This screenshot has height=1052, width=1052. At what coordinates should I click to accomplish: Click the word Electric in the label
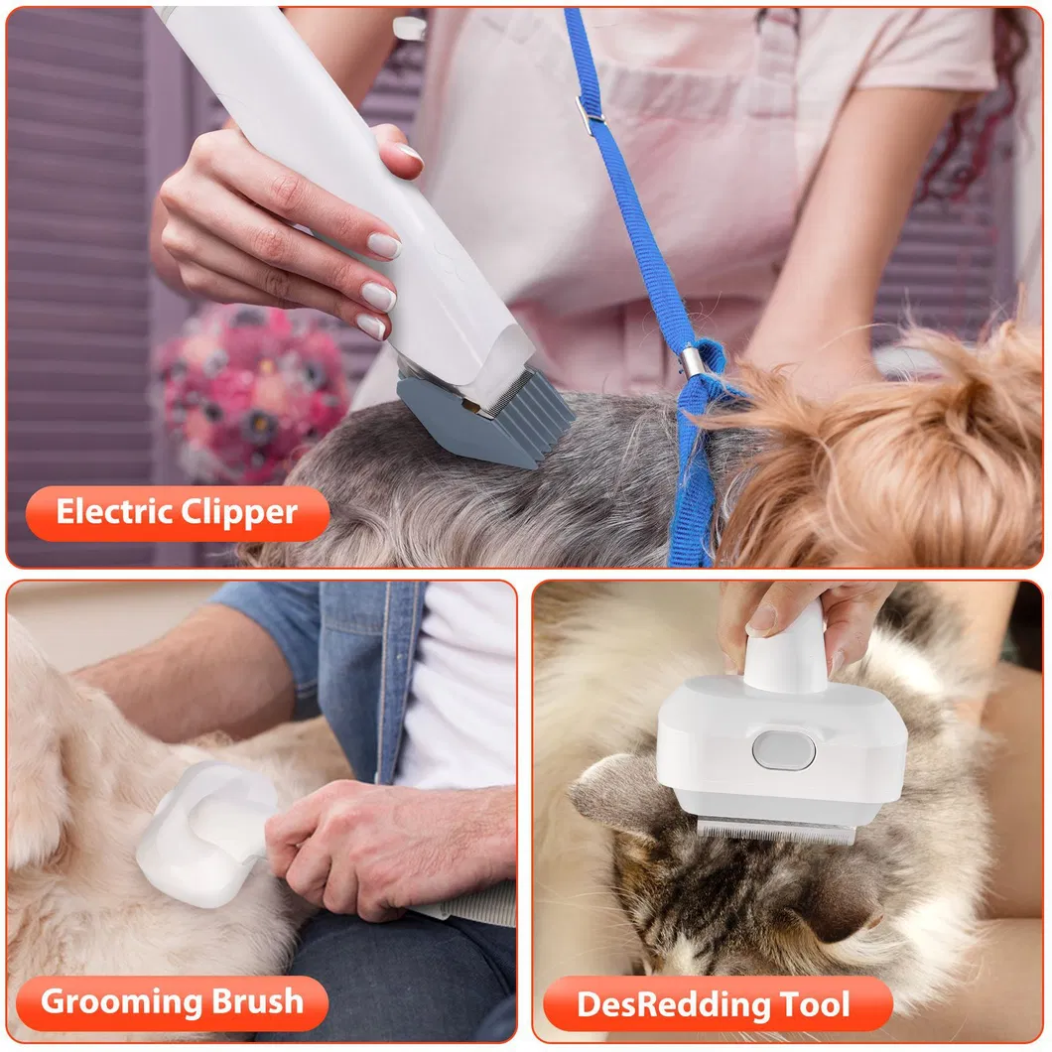click(115, 512)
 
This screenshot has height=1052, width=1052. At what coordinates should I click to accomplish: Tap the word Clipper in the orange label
click(239, 512)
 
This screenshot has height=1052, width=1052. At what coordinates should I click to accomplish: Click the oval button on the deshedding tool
click(783, 749)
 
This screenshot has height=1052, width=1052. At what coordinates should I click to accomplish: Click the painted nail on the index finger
click(384, 245)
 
